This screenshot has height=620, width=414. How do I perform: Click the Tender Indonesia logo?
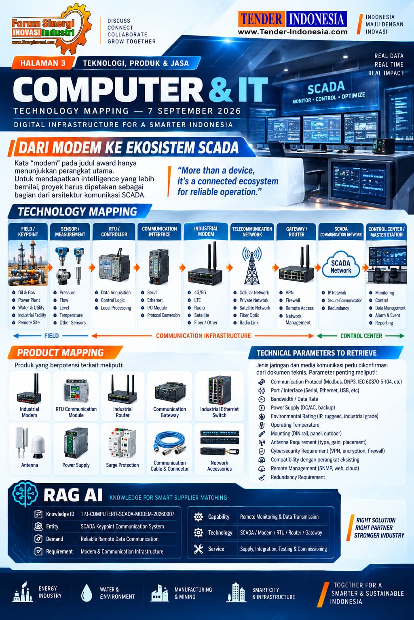click(293, 23)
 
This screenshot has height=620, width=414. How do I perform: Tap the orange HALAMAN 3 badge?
click(43, 63)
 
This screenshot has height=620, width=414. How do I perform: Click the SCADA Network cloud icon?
click(341, 265)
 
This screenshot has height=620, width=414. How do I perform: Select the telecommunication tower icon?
click(252, 266)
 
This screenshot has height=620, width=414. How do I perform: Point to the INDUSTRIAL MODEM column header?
click(206, 231)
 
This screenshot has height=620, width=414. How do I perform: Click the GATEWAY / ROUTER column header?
click(296, 232)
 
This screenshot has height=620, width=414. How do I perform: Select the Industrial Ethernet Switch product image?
click(220, 390)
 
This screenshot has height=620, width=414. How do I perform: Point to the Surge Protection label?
click(122, 465)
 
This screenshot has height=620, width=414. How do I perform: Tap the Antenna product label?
click(30, 465)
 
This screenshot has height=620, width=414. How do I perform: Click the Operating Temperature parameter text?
click(295, 425)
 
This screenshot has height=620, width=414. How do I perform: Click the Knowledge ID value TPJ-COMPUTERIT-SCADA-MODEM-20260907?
click(127, 514)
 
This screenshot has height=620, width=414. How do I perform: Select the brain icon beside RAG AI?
click(25, 494)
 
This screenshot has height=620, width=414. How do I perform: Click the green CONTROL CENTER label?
click(361, 336)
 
